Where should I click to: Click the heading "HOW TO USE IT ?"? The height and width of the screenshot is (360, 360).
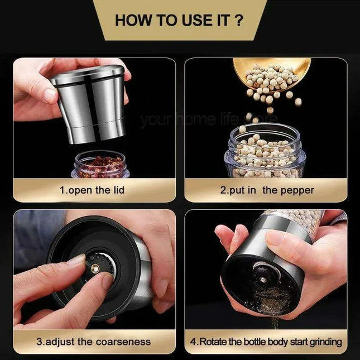tap(179, 21)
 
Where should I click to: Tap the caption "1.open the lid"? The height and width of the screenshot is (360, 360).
tap(92, 190)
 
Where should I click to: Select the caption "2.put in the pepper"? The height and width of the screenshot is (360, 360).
tap(267, 190)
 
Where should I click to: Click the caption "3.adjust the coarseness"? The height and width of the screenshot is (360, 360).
tap(94, 342)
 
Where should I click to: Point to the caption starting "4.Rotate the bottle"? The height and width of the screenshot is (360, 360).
tap(270, 342)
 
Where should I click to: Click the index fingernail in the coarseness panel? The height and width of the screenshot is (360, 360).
tap(76, 260)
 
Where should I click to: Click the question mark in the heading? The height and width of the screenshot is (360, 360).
tap(238, 21)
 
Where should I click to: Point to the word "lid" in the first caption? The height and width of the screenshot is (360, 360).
tap(117, 190)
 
